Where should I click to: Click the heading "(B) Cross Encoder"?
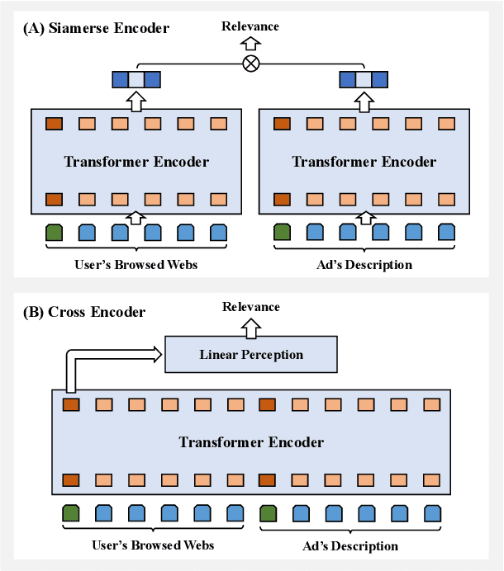pos(85,312)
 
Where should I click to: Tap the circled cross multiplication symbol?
pos(250,64)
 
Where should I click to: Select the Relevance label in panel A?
pos(250,26)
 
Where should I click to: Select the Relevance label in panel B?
pos(250,307)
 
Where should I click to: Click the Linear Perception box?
pos(251,354)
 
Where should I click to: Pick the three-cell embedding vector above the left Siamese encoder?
pos(136,79)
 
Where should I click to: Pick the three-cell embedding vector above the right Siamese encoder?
pos(364,79)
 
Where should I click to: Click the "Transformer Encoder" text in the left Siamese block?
pos(136,162)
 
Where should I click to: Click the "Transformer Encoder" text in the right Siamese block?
pos(364,162)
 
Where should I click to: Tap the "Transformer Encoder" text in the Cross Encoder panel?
pos(251,442)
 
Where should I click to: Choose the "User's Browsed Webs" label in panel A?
pos(136,265)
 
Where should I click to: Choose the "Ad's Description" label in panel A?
pos(364,265)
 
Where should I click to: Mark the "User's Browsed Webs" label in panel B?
pos(153,545)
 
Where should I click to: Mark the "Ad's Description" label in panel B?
pos(349,545)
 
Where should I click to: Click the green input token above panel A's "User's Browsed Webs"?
pos(54,233)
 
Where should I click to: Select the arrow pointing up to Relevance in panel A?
pos(250,44)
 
